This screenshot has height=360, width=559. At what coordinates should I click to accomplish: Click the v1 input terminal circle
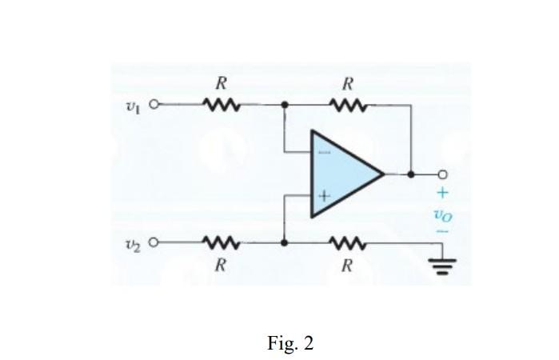(154, 104)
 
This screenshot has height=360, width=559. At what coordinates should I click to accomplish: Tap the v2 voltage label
(133, 242)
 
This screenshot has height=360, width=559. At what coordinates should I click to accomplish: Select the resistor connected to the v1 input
(219, 104)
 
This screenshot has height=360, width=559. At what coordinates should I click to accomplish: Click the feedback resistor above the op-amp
(347, 104)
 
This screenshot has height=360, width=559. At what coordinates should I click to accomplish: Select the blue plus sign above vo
(441, 193)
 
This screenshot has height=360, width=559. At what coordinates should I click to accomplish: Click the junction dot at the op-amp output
(410, 174)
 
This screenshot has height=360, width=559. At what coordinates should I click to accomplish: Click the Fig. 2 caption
(290, 344)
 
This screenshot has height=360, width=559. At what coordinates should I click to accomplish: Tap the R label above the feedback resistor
(347, 83)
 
